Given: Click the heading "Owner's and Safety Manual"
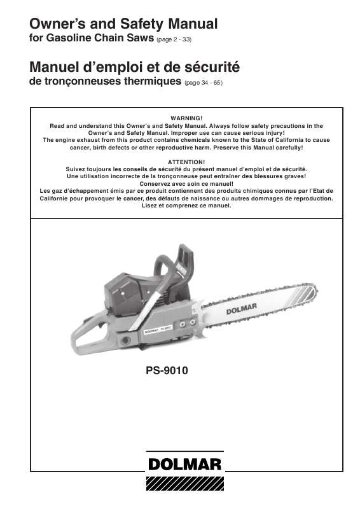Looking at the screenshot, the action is click(123, 25).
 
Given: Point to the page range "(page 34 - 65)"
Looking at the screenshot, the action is click(203, 83).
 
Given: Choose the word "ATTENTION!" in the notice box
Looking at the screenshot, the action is click(186, 162).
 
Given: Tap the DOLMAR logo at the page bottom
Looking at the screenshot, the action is click(184, 464).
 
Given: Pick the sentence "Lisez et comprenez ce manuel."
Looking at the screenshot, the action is click(186, 206).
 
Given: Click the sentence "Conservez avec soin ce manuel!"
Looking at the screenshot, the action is click(186, 183).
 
